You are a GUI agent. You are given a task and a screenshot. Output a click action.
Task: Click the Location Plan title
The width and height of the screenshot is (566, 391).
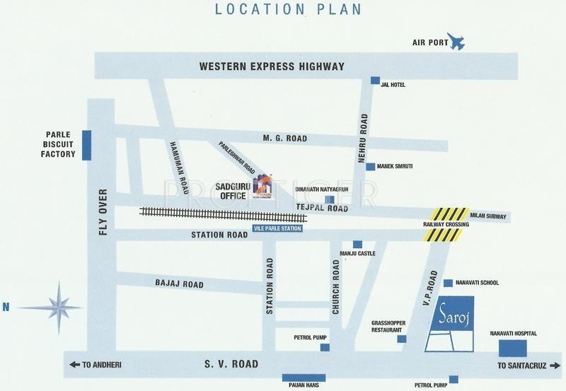click(283, 11)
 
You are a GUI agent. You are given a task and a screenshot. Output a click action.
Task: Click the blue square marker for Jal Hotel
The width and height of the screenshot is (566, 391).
click(375, 80)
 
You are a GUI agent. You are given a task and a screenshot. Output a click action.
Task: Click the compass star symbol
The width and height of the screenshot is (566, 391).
click(58, 305)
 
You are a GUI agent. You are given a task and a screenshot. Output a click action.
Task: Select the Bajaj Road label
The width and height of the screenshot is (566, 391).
click(179, 284)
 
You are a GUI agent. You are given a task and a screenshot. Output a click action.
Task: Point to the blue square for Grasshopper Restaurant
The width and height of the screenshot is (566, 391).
click(402, 339)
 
